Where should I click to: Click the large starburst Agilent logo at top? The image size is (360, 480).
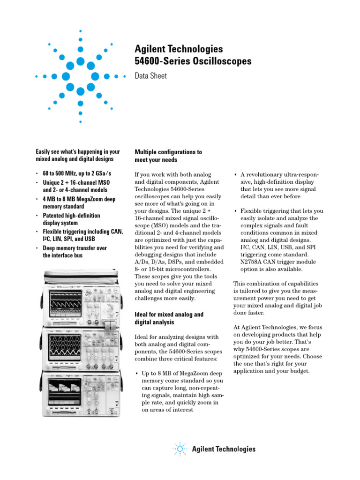[80, 76]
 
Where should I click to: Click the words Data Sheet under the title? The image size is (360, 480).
[150, 75]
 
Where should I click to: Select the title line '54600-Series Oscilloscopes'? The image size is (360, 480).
[193, 61]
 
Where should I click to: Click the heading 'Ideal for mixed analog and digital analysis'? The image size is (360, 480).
[169, 318]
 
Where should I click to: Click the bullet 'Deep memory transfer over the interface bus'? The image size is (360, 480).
[75, 252]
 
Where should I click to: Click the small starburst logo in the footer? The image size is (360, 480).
[180, 449]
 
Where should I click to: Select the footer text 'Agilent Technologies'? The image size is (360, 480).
[224, 449]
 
